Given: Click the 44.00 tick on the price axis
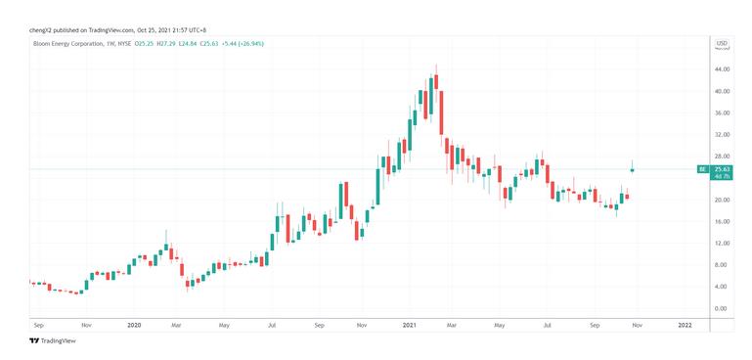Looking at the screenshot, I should click(722, 70).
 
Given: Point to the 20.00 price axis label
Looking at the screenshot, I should click(722, 201).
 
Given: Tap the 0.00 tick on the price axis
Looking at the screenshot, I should click(722, 308).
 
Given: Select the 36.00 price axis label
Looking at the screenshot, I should click(722, 113).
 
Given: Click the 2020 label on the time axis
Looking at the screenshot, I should click(135, 324).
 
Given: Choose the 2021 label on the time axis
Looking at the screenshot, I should click(409, 324).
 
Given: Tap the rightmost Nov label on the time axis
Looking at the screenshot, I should click(637, 324).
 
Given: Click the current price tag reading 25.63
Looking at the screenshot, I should click(723, 168).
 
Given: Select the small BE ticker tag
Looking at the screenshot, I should click(701, 169).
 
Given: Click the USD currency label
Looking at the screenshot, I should click(722, 43).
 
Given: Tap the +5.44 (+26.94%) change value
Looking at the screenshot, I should click(243, 44).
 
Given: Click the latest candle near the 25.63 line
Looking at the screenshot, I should click(633, 169).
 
